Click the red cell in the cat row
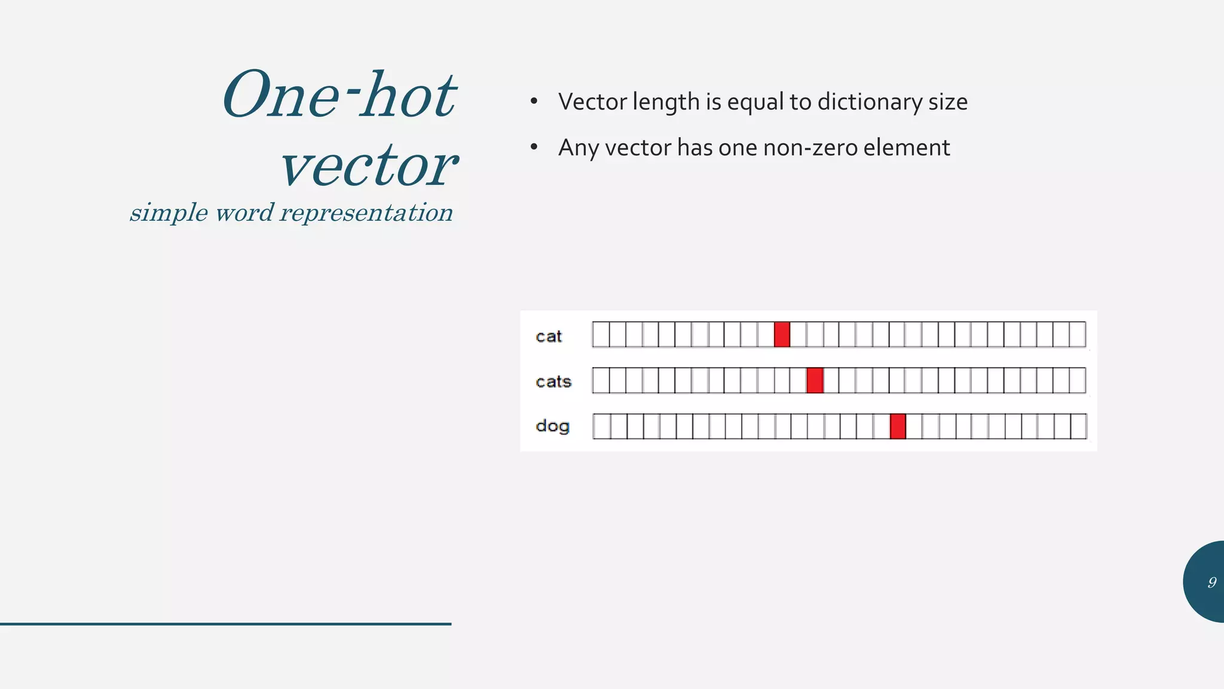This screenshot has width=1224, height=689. click(782, 334)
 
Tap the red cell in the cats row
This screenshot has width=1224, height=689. click(815, 380)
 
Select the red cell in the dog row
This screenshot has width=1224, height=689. click(898, 426)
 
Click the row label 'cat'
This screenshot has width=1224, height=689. click(549, 337)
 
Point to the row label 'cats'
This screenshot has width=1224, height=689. click(553, 382)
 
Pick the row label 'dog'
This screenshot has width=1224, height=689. click(552, 426)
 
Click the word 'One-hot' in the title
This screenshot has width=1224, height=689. click(339, 96)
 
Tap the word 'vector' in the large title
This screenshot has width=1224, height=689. click(369, 165)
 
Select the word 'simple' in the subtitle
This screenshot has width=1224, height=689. click(169, 213)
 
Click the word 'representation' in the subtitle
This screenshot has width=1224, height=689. click(366, 213)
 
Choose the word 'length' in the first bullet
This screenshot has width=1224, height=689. click(666, 102)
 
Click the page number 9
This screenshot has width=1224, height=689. click(1211, 582)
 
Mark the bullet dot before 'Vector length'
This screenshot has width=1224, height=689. click(534, 102)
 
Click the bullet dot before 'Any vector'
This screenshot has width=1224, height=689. click(534, 147)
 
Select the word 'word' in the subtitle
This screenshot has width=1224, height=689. click(244, 213)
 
